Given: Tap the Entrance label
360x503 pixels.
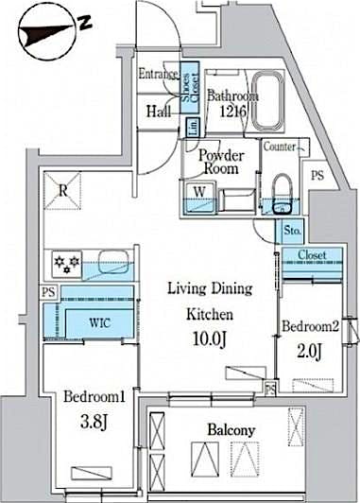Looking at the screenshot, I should (158, 74).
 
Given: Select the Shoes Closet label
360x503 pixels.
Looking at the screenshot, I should (189, 84).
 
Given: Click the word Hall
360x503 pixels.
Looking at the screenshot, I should (157, 112).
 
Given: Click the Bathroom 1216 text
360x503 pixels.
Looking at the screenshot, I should (233, 103).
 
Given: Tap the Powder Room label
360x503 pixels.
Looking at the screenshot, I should (221, 163).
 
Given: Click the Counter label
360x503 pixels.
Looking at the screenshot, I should (281, 147).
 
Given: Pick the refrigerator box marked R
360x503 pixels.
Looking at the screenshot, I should (62, 191).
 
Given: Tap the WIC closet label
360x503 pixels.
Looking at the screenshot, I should (101, 321).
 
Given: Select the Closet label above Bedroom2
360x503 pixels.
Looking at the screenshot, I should (312, 255).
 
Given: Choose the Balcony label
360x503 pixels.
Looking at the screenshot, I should (231, 430).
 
